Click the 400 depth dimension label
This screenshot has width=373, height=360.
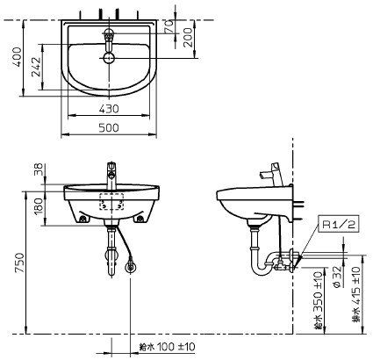(x=18, y=57)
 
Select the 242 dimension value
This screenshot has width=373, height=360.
(x=36, y=67)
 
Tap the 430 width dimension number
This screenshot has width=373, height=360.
(x=109, y=109)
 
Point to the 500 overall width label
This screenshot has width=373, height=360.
(x=109, y=127)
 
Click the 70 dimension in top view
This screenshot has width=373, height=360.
(x=169, y=26)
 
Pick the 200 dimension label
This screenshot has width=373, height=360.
(x=189, y=37)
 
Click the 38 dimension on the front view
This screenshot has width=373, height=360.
(x=39, y=169)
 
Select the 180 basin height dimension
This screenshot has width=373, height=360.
(x=39, y=206)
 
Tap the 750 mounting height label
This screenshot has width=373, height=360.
(x=20, y=263)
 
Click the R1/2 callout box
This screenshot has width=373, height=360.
(x=339, y=225)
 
